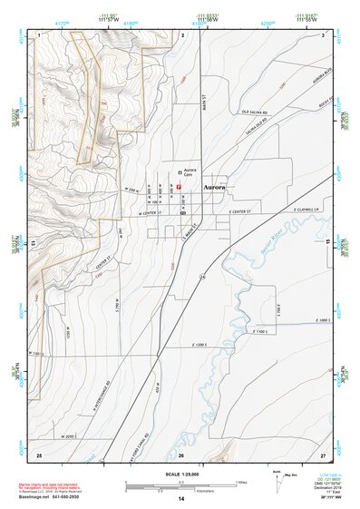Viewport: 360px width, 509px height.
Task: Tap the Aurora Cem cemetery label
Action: coord(190,171)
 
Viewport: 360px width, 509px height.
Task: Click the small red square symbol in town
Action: coord(180,185)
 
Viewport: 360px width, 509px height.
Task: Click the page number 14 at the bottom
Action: coord(180,499)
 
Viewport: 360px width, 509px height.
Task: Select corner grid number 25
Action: coord(38,454)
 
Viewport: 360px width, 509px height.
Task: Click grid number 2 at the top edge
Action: coord(183,34)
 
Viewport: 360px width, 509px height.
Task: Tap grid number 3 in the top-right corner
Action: coord(324,34)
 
